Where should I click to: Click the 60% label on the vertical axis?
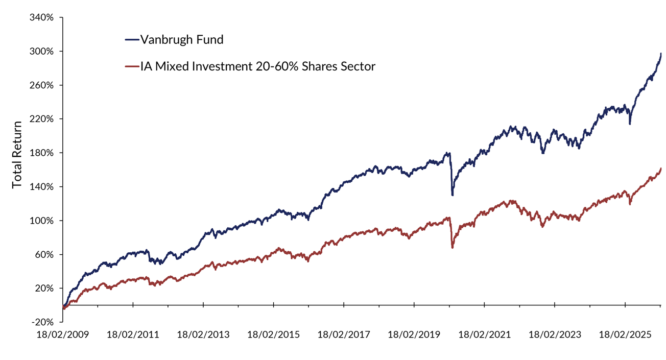point(45,254)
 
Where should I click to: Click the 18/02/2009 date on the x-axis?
point(62,335)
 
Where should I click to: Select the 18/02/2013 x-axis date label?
point(203,335)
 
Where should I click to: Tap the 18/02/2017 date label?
point(344,335)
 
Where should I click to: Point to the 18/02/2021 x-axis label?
point(485,335)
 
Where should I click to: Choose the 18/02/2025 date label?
point(625,335)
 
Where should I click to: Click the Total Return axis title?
point(17,154)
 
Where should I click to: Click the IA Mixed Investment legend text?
point(258,66)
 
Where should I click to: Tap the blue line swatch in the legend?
point(131,39)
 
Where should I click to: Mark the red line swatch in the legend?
point(131,66)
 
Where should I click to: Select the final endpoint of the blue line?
point(661,54)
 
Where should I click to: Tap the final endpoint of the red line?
point(661,169)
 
